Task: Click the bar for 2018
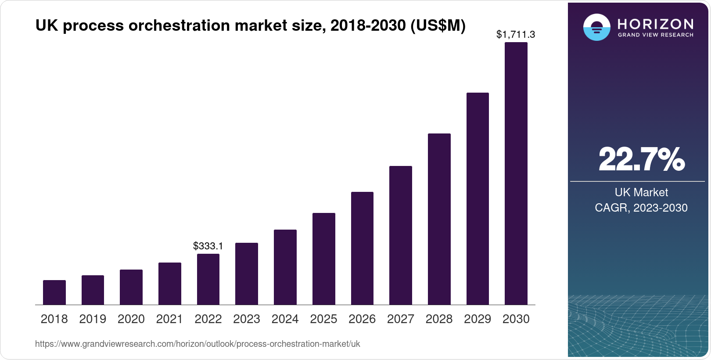pos(54,292)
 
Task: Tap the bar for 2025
pos(323,259)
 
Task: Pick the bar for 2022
pos(208,279)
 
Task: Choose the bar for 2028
pos(439,219)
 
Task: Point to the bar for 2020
pos(131,287)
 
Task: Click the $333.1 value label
pos(208,246)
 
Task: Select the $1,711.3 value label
pos(515,34)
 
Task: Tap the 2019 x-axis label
pos(93,319)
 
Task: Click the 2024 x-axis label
pos(285,319)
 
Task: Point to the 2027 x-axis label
pos(400,319)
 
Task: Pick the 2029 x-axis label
pos(478,319)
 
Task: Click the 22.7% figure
pos(641,159)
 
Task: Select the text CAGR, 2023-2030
pos(641,208)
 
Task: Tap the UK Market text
pos(641,192)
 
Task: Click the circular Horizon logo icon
pos(596,27)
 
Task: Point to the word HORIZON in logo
pos(655,24)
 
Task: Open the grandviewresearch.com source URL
pos(197,344)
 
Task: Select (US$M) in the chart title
pos(438,26)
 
